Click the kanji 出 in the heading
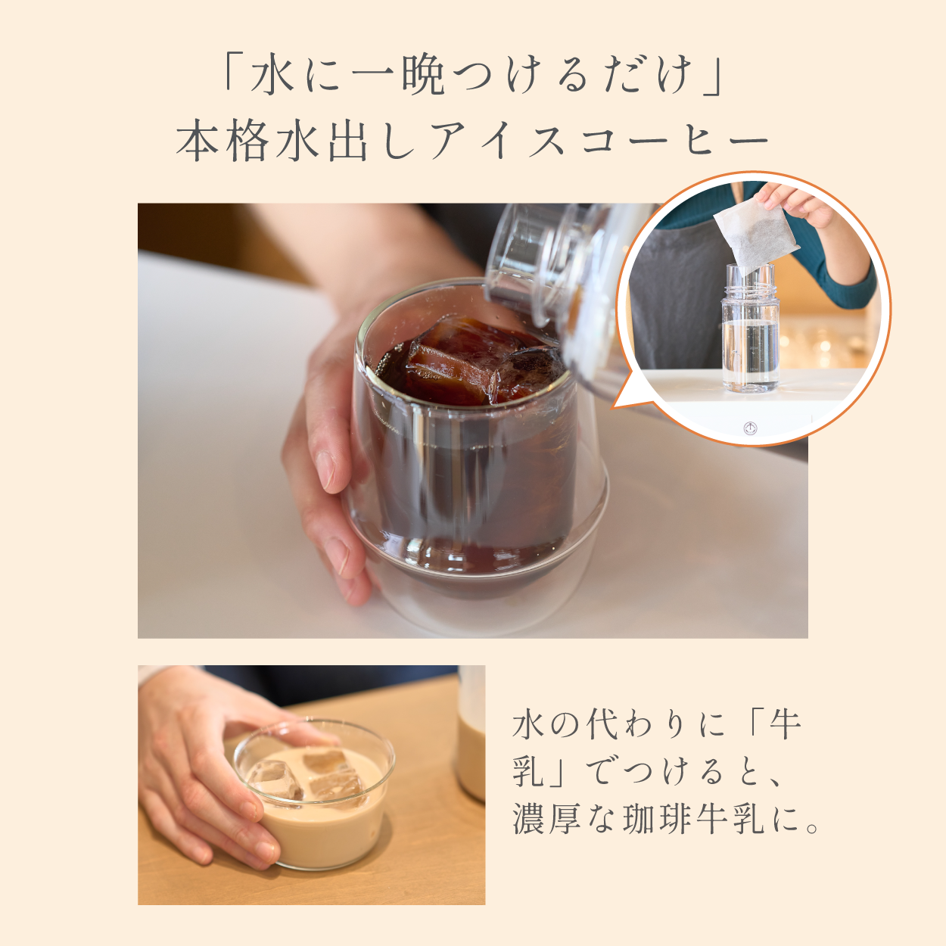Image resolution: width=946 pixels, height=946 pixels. point(348,141)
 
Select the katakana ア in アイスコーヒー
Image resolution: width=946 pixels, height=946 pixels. point(448,141)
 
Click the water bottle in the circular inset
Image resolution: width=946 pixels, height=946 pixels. point(749,333)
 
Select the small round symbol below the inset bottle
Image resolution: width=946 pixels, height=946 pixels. point(750,428)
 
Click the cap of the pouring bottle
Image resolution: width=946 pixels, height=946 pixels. point(522,261)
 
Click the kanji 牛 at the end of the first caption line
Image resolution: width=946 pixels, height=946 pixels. point(785,725)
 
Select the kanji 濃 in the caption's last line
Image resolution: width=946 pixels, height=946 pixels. point(528,819)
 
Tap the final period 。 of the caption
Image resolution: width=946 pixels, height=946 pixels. point(814,826)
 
